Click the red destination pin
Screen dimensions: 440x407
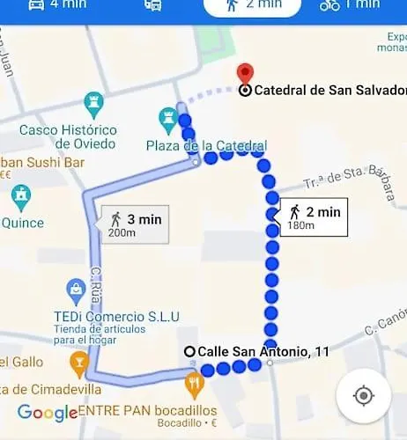(x=245, y=74)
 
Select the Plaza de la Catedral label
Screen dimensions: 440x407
(x=206, y=144)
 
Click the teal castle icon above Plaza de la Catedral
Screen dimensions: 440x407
(x=168, y=117)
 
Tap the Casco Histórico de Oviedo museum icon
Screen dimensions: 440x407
(x=93, y=105)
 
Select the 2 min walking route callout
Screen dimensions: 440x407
(x=314, y=217)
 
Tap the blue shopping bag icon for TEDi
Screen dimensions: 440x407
(x=76, y=289)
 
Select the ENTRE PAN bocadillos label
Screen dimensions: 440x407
(x=146, y=411)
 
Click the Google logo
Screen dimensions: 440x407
(x=48, y=413)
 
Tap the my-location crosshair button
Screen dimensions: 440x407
(x=363, y=396)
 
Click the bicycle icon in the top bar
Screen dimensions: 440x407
(x=329, y=4)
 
